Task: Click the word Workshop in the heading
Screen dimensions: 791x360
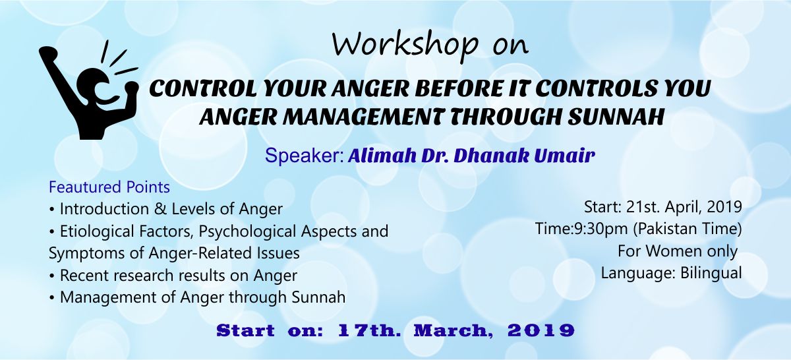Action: click(405, 46)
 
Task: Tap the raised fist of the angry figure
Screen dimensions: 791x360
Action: click(48, 53)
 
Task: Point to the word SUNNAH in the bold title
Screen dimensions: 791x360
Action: click(616, 117)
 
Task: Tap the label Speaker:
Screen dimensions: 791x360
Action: click(305, 156)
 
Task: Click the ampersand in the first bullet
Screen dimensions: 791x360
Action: click(160, 209)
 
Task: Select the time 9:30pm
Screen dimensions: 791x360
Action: click(601, 229)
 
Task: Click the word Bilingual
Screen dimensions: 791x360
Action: click(711, 273)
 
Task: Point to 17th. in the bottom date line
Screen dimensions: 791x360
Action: click(369, 331)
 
